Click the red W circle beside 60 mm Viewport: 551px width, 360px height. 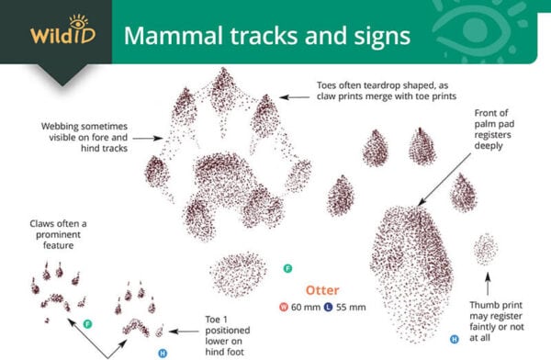[286, 306]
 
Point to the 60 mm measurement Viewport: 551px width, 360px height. [307, 306]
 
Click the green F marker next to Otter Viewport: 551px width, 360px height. [287, 268]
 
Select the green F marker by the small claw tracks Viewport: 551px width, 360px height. [88, 323]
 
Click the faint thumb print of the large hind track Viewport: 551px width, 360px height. [484, 249]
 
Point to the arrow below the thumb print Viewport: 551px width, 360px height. [486, 280]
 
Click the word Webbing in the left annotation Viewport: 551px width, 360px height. [63, 125]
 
